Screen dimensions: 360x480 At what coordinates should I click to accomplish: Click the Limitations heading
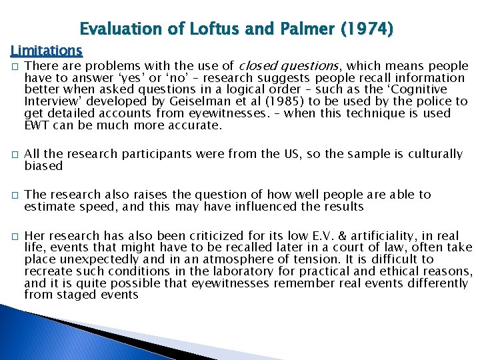pyautogui.click(x=46, y=50)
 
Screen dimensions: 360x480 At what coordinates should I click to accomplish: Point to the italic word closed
pyautogui.click(x=256, y=65)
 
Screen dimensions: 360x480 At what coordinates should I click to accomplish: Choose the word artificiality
pyautogui.click(x=396, y=235)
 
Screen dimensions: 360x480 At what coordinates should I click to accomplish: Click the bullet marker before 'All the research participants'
pyautogui.click(x=14, y=155)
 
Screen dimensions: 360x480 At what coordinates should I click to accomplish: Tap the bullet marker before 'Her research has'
pyautogui.click(x=14, y=236)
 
